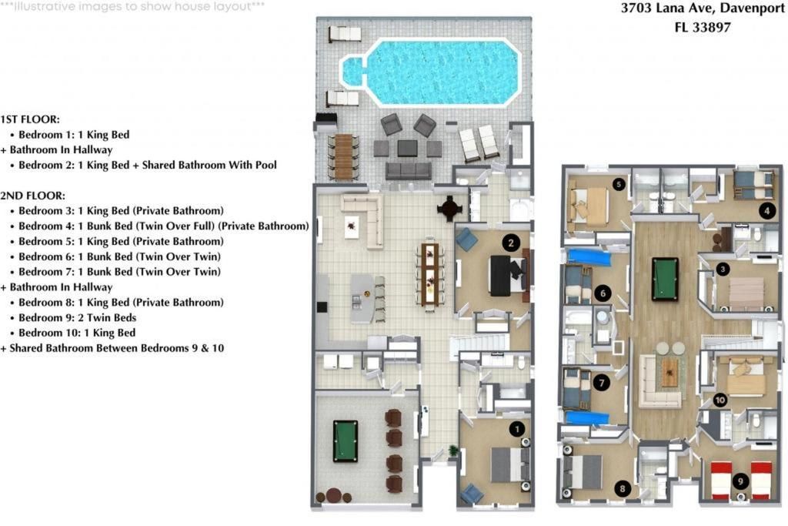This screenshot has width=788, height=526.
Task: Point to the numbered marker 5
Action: (x=618, y=183)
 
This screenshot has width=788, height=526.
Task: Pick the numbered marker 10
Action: (x=720, y=400)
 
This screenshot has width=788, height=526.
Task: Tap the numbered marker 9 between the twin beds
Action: (x=740, y=481)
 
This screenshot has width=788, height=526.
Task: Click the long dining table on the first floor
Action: (x=429, y=273)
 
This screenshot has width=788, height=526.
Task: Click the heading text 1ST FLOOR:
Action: (x=30, y=119)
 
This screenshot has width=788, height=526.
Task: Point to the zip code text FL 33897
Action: (x=702, y=27)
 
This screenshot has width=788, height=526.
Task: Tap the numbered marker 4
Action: (x=766, y=209)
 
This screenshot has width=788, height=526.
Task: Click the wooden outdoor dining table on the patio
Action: (x=343, y=156)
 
